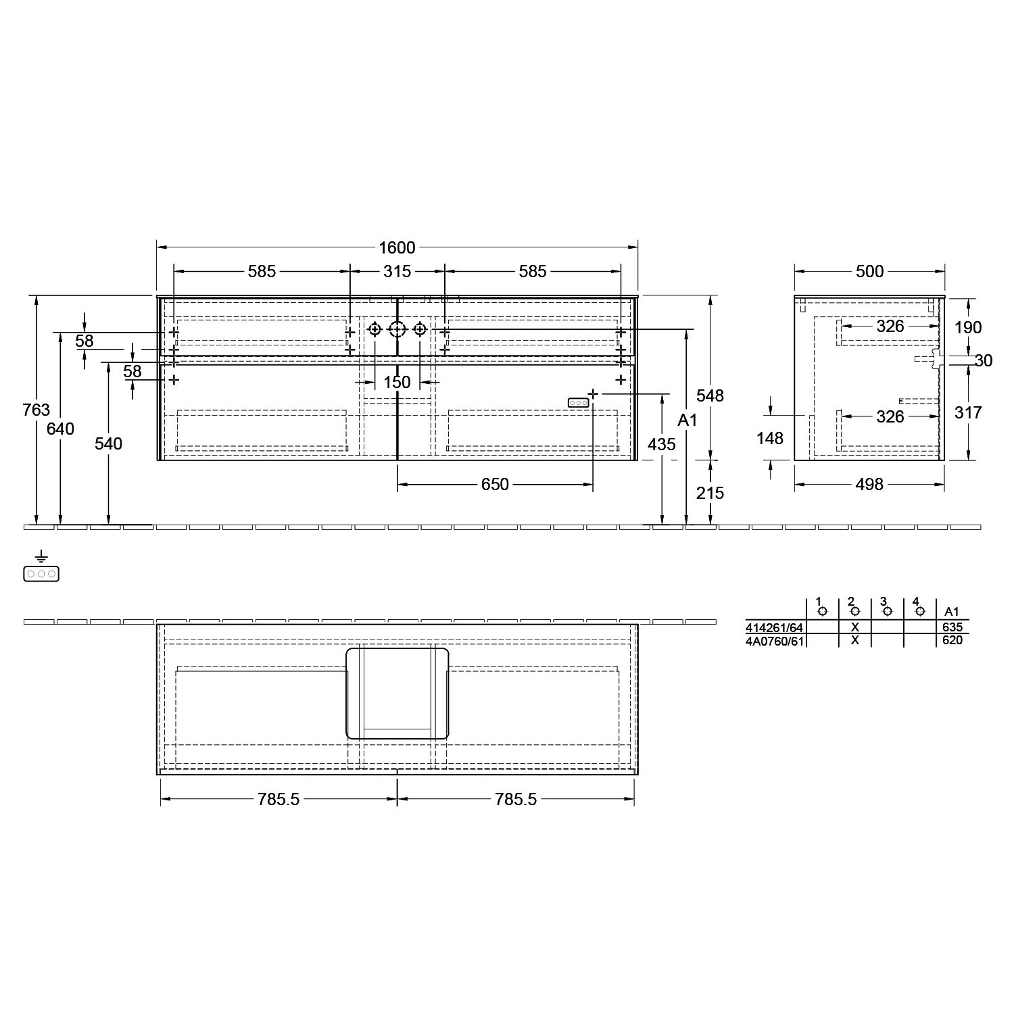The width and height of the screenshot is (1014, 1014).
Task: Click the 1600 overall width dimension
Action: [x=397, y=248]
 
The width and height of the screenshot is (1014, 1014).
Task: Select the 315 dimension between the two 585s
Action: [x=397, y=271]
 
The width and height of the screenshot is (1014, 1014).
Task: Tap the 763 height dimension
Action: [x=36, y=410]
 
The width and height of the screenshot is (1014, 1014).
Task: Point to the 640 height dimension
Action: [x=61, y=429]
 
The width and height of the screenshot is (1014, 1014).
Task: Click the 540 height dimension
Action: [x=108, y=443]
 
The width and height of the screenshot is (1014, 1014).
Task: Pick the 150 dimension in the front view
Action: [x=397, y=382]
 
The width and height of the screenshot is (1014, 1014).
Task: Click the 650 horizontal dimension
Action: [x=495, y=484]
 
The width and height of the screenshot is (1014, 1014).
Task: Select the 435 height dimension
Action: [x=661, y=444]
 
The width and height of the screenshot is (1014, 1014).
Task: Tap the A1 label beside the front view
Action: [x=687, y=420]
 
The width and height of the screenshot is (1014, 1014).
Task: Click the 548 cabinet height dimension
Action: [x=710, y=395]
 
